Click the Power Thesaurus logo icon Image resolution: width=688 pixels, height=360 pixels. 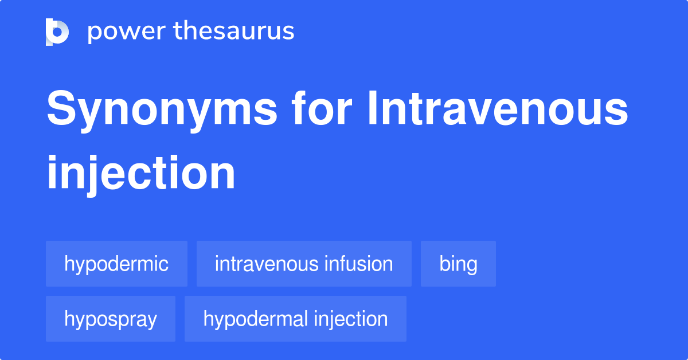coord(57,32)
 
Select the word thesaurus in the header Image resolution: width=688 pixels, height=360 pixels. coord(234,32)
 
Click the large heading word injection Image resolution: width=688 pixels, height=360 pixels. coord(141,173)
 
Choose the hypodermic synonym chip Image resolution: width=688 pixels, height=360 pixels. coord(116,264)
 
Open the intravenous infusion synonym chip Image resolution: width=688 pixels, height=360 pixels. coord(304,264)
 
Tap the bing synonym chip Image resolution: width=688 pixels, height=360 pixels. coord(458,264)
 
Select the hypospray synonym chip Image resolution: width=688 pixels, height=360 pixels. coord(111,319)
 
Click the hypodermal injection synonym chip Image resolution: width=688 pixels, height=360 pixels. coord(295,319)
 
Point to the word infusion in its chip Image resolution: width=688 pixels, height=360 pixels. coord(359,264)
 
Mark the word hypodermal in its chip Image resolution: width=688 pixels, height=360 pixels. coord(254,319)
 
